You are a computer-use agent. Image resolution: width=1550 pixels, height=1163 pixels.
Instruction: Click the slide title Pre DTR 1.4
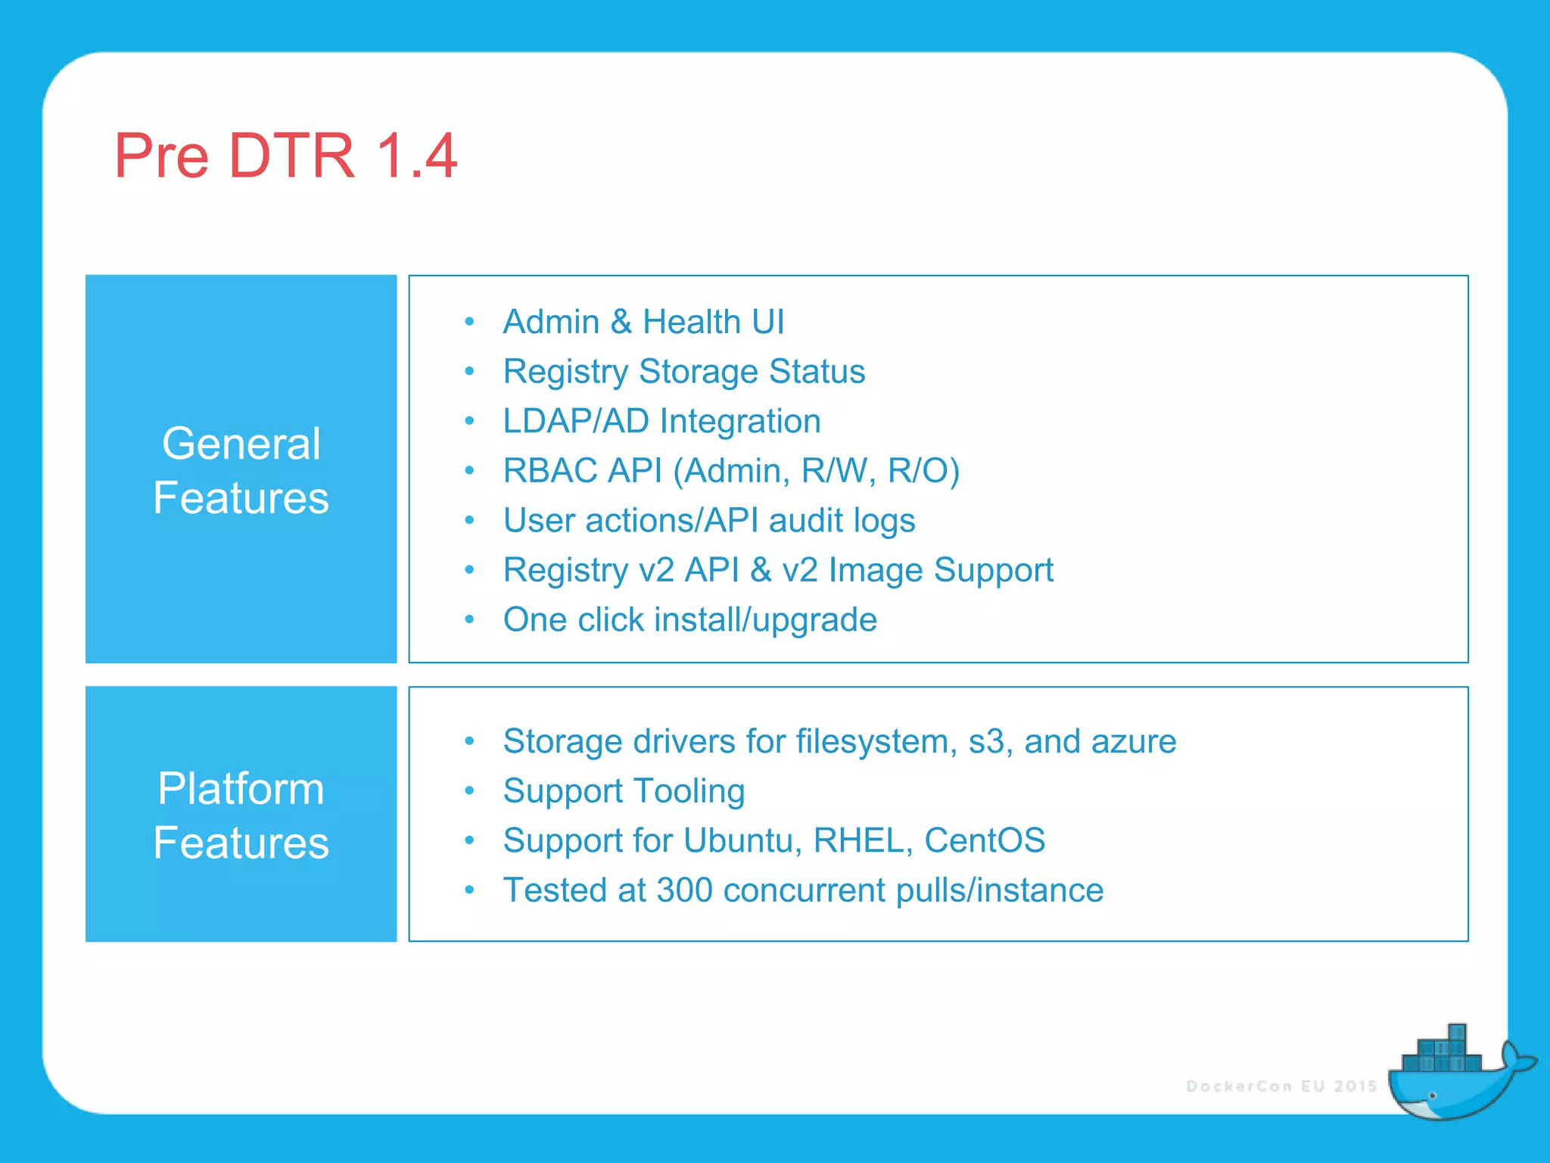(x=285, y=156)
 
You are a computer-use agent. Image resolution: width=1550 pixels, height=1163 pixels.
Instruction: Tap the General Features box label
(x=241, y=470)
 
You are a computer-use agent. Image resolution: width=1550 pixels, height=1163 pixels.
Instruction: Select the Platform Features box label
(x=241, y=815)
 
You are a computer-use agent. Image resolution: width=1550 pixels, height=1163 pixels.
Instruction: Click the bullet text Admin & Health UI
(x=643, y=322)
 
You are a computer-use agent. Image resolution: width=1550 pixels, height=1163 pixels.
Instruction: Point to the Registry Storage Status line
(x=683, y=372)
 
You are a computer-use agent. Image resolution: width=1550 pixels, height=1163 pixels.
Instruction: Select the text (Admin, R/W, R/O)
(x=816, y=471)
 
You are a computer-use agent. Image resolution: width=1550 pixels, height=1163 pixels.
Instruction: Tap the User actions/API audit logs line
(x=709, y=521)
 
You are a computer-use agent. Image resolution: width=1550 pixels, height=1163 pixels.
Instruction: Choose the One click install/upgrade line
(x=689, y=620)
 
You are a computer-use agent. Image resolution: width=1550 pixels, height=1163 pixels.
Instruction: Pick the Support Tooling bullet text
(x=624, y=791)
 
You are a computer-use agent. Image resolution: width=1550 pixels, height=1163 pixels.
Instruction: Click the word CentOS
(x=984, y=840)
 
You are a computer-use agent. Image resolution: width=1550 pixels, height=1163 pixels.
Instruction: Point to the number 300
(x=684, y=890)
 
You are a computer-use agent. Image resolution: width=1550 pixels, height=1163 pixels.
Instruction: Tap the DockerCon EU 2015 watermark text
(x=1281, y=1087)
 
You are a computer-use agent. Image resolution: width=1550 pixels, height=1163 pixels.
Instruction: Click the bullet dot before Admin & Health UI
(x=469, y=323)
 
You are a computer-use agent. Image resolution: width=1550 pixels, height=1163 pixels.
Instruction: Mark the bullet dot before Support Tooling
(x=469, y=791)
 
